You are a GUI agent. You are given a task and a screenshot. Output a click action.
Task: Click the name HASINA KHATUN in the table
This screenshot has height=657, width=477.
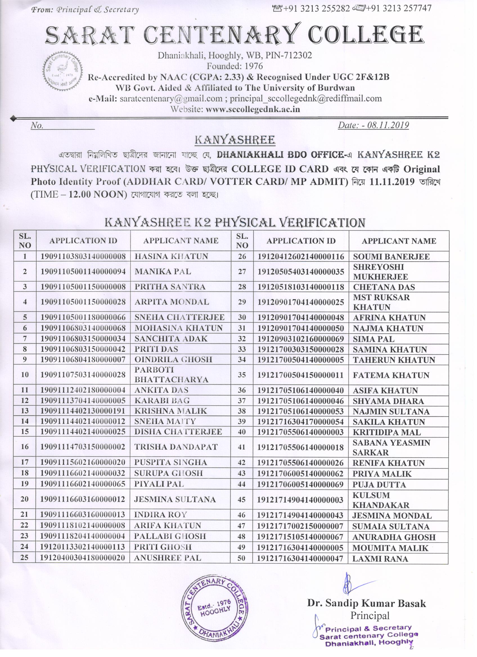coord(171,256)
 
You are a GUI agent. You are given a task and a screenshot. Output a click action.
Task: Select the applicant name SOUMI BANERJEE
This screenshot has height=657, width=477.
coord(391,257)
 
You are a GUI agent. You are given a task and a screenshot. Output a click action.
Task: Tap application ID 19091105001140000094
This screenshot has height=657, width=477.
coord(83,271)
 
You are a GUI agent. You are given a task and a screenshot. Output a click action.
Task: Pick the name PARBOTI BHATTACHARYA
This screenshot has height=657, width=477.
coord(171,375)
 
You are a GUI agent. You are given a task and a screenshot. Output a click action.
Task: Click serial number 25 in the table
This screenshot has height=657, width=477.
coord(25,557)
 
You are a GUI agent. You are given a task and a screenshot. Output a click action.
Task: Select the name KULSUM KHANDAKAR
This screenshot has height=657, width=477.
coord(381,500)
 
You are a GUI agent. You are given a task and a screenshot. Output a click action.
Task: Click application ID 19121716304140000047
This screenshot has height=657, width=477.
coord(300,559)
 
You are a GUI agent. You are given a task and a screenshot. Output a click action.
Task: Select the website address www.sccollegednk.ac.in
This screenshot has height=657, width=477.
coord(253,109)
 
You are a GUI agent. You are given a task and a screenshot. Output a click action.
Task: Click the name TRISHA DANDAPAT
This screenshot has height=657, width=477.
coord(176,447)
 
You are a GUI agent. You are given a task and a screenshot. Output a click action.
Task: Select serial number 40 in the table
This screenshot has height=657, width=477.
coord(242,432)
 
